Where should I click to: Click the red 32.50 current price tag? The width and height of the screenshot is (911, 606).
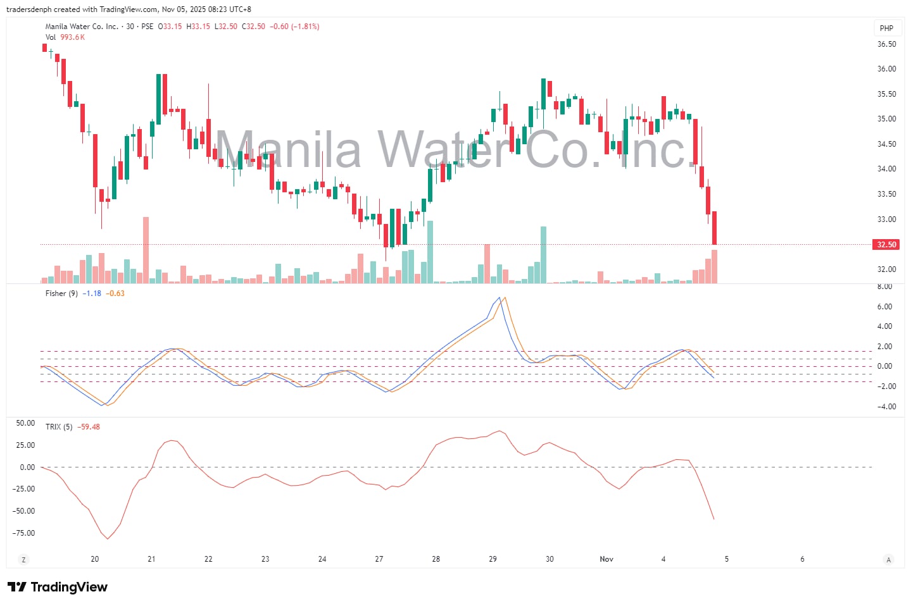point(886,245)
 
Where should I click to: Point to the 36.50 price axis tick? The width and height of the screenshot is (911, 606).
point(886,44)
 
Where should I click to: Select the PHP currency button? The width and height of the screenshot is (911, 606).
point(886,28)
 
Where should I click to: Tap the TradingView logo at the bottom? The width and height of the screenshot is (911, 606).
point(58,587)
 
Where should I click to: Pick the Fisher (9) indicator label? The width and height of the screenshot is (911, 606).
point(61,294)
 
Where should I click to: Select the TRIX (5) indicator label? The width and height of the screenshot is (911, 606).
point(59,427)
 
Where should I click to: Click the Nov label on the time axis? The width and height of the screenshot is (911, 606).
point(606,559)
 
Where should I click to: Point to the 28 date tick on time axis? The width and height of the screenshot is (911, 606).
point(436,559)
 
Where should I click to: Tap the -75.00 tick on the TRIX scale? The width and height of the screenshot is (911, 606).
point(23,533)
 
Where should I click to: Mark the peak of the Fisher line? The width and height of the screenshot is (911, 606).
point(499,297)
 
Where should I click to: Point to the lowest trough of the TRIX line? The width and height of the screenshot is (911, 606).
point(108,539)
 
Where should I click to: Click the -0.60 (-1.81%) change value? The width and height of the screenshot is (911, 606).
point(294,27)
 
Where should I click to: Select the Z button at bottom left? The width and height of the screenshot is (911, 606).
point(23,559)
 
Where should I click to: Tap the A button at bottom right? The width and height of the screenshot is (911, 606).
point(889,559)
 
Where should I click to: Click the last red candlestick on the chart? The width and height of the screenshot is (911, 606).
point(714,228)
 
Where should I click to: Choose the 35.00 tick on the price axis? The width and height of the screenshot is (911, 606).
point(886,119)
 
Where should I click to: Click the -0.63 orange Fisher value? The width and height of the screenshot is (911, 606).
point(115,294)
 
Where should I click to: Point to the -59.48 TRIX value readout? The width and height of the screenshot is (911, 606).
point(89,427)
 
